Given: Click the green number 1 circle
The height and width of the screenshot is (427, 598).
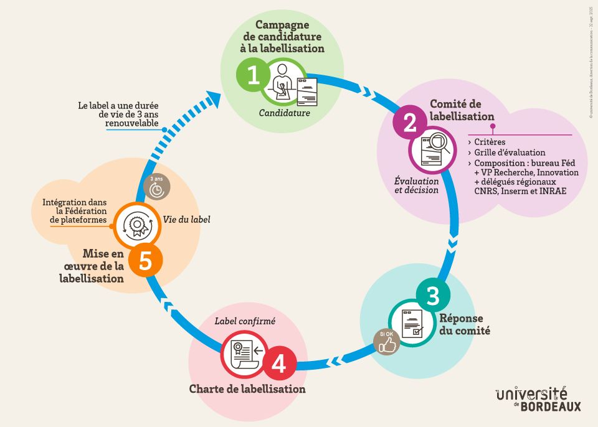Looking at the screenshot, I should tap(252, 76).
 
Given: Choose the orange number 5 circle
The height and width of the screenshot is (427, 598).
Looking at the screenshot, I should tap(145, 261).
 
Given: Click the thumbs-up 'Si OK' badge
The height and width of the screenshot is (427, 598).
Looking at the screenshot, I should tap(387, 342).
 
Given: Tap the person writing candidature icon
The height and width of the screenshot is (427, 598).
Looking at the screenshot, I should tap(284, 84).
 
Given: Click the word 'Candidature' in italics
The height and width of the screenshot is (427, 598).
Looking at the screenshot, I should tap(285, 113).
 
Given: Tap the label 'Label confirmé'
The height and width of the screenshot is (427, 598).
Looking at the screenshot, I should tap(245, 321).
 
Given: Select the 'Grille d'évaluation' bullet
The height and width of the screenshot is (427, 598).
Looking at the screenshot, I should tap(509, 152).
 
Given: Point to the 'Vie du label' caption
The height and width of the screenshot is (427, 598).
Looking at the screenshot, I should tap(186, 219).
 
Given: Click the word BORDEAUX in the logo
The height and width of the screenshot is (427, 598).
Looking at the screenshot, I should tap(550, 406).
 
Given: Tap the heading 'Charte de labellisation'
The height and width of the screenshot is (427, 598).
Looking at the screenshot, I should tap(247, 389).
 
